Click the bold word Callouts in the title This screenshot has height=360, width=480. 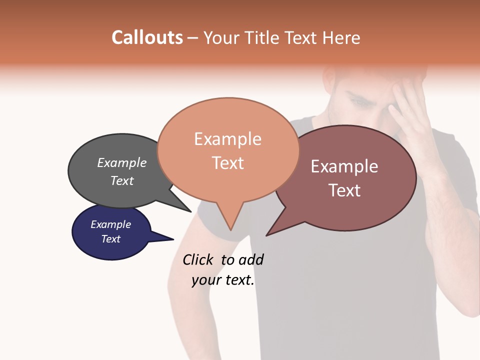click(x=147, y=37)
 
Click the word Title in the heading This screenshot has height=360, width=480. click(x=263, y=37)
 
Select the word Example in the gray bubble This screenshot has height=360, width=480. click(x=122, y=162)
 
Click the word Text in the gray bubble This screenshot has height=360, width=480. click(x=122, y=180)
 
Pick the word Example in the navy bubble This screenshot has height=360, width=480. click(x=110, y=224)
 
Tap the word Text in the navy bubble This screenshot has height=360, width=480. click(x=110, y=239)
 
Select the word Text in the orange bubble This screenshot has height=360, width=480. click(x=227, y=162)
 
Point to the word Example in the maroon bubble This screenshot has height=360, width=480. click(x=344, y=166)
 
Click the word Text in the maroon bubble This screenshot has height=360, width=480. click(x=344, y=190)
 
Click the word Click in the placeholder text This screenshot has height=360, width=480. click(x=199, y=259)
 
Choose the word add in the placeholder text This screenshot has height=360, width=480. click(x=251, y=259)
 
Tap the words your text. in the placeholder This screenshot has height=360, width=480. click(x=223, y=280)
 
